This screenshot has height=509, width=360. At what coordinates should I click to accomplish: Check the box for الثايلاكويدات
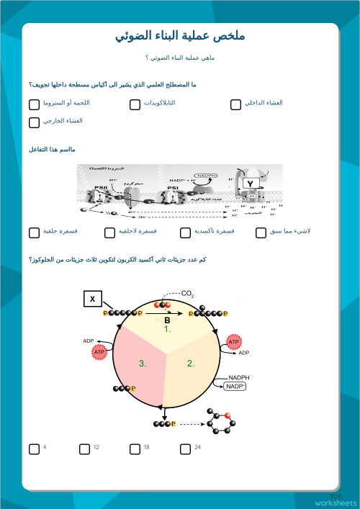click(135, 104)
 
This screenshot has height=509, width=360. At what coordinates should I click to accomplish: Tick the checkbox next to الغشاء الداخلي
click(235, 104)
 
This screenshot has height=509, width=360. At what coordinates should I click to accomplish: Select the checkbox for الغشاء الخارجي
click(34, 122)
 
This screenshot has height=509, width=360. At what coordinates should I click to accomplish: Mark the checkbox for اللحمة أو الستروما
click(34, 104)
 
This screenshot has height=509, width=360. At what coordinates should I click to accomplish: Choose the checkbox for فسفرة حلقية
click(34, 233)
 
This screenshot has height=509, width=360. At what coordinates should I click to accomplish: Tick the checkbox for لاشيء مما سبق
click(261, 233)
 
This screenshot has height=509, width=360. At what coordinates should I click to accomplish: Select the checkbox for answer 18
click(135, 449)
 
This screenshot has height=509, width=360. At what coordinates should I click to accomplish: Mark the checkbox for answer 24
click(185, 449)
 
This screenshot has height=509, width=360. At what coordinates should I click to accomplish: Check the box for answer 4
click(34, 449)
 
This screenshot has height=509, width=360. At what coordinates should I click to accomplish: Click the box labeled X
click(92, 299)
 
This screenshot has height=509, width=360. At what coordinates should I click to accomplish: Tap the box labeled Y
click(249, 184)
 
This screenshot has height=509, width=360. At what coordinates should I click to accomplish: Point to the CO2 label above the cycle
click(187, 294)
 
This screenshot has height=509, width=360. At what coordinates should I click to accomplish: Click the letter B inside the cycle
click(166, 320)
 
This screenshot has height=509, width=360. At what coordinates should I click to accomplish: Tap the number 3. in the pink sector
click(143, 364)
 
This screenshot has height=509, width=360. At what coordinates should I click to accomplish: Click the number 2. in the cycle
click(191, 364)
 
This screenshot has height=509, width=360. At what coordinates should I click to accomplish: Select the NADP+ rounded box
click(235, 387)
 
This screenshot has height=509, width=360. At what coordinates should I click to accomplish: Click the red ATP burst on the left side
click(99, 351)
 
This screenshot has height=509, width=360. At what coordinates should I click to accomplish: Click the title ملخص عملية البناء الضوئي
click(180, 36)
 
